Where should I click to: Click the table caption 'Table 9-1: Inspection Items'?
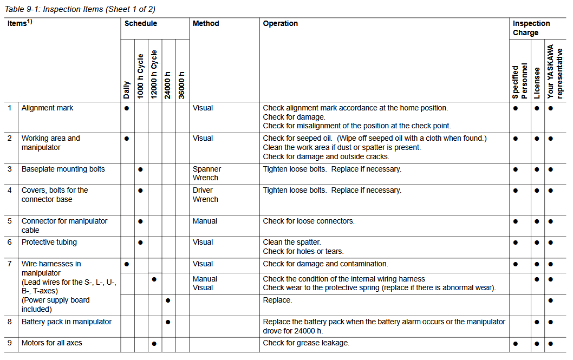pyautogui.click(x=80, y=9)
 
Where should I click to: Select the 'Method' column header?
pyautogui.click(x=206, y=24)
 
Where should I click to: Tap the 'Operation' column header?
pyautogui.click(x=281, y=24)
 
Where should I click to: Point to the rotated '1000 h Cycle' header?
pyautogui.click(x=141, y=76)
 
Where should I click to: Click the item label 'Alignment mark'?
pyautogui.click(x=47, y=108)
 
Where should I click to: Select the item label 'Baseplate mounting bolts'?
pyautogui.click(x=63, y=169)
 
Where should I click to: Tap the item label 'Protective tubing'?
pyautogui.click(x=49, y=243)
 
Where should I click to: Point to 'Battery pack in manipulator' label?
pyautogui.click(x=67, y=322)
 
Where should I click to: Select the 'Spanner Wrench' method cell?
pyautogui.click(x=206, y=173)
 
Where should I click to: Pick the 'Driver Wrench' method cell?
pyautogui.click(x=205, y=195)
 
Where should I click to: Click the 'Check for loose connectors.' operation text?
pyautogui.click(x=309, y=221)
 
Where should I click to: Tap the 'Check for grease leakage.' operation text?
pyautogui.click(x=306, y=343)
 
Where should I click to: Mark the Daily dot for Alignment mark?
pyautogui.click(x=127, y=108)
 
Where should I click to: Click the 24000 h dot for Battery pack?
pyautogui.click(x=168, y=322)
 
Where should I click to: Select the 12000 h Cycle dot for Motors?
pyautogui.click(x=154, y=343)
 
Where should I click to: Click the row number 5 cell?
pyautogui.click(x=10, y=221)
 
